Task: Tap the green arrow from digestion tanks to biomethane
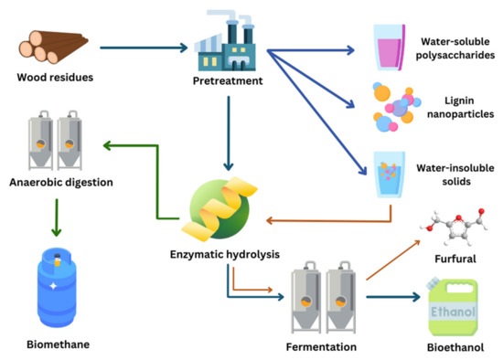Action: point(58,215)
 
